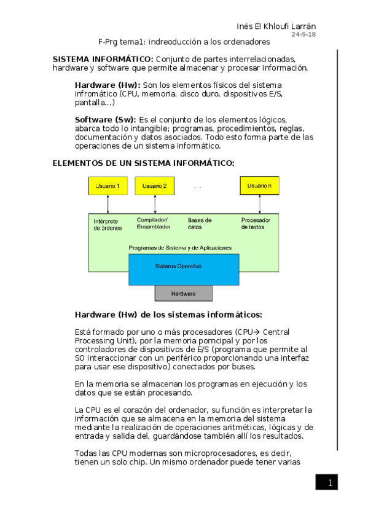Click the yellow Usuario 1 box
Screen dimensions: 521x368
(108, 186)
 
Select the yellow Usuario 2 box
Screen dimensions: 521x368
(155, 186)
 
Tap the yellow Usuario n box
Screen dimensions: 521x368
(259, 186)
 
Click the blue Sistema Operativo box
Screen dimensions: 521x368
(178, 267)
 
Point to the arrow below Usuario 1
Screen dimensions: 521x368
(108, 204)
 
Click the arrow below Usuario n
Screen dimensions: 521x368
(259, 204)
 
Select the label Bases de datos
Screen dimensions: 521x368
(200, 223)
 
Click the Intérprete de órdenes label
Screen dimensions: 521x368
(108, 224)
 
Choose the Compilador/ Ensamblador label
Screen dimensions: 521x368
(154, 223)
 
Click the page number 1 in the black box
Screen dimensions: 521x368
(329, 483)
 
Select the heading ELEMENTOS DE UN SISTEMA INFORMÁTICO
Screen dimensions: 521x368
(143, 163)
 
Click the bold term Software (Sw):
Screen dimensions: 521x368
(106, 119)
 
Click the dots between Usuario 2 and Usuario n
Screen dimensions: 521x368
(197, 186)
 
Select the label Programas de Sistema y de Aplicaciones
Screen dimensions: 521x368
(179, 248)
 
